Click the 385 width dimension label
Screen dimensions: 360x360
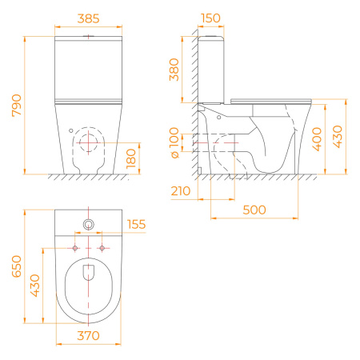tap(88, 18)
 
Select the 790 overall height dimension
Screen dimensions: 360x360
tap(17, 106)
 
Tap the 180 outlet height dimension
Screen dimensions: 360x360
tap(131, 158)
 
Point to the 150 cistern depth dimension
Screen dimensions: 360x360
tap(210, 18)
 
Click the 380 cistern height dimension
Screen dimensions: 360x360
tap(174, 70)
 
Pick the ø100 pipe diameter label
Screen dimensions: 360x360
tap(174, 142)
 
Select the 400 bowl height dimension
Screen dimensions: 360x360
tap(317, 139)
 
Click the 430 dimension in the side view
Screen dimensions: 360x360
tap(338, 137)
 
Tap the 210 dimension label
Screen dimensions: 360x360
tap(181, 191)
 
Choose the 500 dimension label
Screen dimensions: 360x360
tap(254, 210)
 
